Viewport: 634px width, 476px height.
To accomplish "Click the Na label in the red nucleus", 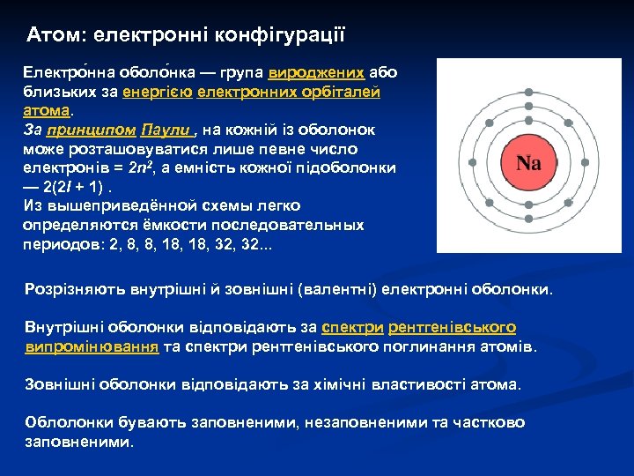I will (x=527, y=163).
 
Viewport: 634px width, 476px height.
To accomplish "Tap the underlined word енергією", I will (x=158, y=92).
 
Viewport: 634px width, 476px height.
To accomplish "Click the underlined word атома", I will (x=47, y=111).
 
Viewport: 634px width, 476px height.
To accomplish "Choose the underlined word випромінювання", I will (x=92, y=346).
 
